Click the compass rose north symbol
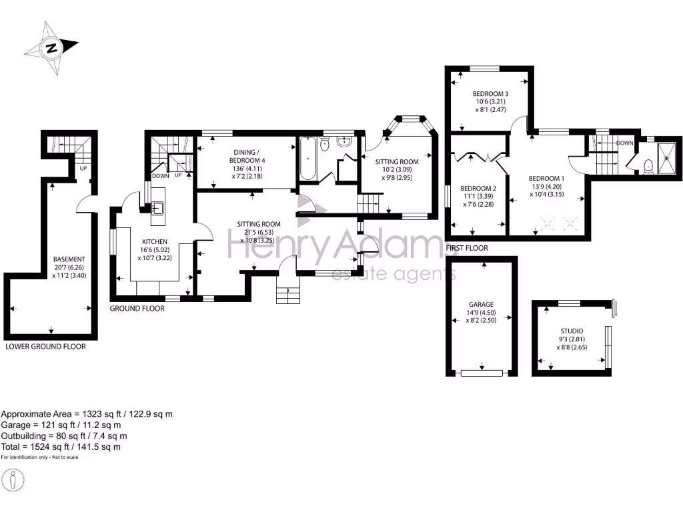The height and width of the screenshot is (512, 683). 51,49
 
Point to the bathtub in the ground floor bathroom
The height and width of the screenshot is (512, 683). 308,159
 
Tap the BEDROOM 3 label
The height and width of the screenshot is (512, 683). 491,93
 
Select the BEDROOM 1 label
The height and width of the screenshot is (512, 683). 546,178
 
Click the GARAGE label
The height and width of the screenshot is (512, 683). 480,305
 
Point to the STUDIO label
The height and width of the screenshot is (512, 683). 572,331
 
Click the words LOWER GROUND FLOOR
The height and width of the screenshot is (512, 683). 45,347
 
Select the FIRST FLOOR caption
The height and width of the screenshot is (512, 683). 466,248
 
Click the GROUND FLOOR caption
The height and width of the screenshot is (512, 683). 137,309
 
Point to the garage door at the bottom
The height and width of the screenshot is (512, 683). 482,371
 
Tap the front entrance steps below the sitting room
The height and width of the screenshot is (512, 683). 287,293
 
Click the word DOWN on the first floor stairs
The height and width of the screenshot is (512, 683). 624,143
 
